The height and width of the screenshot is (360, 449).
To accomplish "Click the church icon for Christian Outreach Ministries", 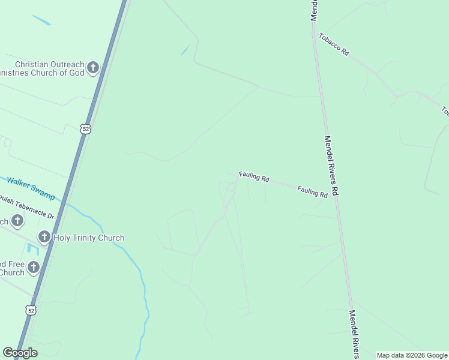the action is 92,67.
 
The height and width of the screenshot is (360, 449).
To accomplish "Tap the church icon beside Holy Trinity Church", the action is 44,238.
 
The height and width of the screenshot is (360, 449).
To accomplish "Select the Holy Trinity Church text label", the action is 89,238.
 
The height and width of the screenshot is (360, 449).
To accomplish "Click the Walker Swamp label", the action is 31,188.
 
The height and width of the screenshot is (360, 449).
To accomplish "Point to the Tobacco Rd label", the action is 334,44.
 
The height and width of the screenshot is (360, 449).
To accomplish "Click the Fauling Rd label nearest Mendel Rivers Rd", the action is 313,191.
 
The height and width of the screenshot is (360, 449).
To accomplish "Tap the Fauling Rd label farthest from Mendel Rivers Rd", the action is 255,177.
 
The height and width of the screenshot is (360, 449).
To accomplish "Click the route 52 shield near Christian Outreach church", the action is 86,129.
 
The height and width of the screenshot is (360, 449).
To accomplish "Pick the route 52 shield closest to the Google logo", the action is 31,310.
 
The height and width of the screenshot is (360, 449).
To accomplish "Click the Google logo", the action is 20,353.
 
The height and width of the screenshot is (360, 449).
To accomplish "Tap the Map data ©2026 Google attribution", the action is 412,356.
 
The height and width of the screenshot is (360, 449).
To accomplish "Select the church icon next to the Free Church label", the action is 34,268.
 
